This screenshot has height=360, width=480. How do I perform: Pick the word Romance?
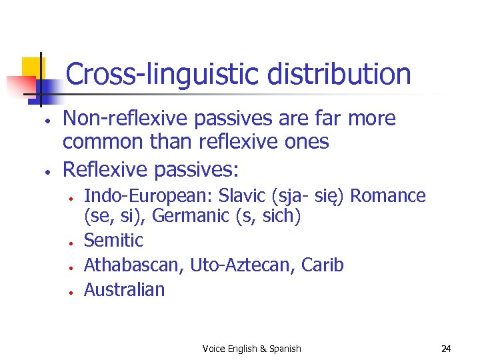pyautogui.click(x=387, y=196)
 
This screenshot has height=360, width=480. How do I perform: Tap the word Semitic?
pyautogui.click(x=113, y=240)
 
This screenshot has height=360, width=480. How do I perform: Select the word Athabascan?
pyautogui.click(x=134, y=265)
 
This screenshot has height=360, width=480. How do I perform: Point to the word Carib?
pyautogui.click(x=322, y=265)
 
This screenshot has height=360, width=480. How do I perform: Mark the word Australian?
pyautogui.click(x=124, y=289)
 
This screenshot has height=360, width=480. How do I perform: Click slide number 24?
pyautogui.click(x=446, y=349)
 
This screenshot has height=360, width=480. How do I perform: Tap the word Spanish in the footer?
pyautogui.click(x=285, y=349)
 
